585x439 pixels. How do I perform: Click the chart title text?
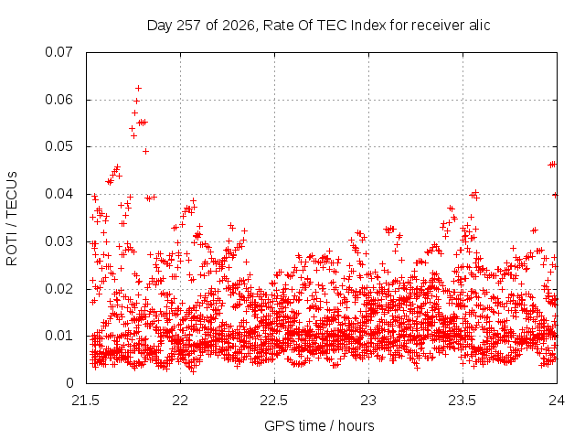(x=318, y=26)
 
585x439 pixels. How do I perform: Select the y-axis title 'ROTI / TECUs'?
(x=12, y=219)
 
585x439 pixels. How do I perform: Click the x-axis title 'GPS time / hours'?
(x=319, y=425)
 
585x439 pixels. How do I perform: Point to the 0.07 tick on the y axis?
(x=58, y=52)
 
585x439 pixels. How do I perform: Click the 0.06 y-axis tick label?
(x=58, y=100)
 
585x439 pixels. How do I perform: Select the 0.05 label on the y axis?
(x=58, y=146)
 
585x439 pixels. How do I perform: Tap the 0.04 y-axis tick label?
(x=58, y=194)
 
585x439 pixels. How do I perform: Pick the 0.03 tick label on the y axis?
(x=58, y=241)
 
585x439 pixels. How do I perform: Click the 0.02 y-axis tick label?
(x=58, y=289)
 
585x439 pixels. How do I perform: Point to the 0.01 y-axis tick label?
(x=58, y=336)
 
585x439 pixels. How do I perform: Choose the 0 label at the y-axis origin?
(x=69, y=383)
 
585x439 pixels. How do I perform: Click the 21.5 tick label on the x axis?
(x=86, y=401)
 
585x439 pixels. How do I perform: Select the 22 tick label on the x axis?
(x=181, y=401)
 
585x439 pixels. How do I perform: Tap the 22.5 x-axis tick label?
(x=274, y=401)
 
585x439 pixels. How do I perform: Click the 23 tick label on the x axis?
(x=368, y=401)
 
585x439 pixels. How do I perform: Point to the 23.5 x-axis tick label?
(x=463, y=401)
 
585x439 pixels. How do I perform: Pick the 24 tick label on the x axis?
(x=557, y=401)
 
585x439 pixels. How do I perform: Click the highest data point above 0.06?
(x=138, y=89)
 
